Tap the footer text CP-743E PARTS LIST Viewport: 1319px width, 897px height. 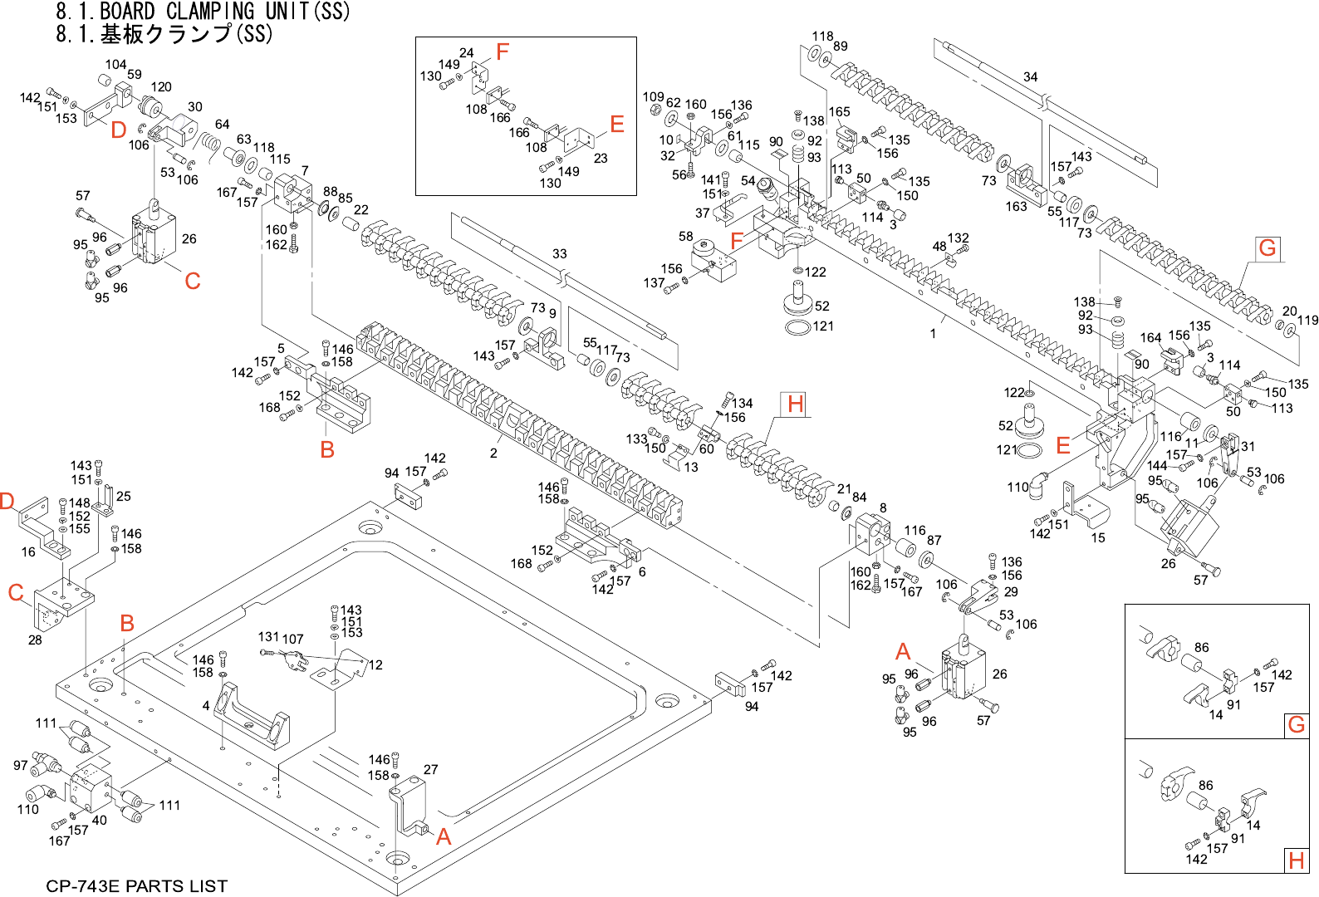136,886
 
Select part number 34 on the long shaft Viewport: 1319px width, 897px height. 1030,77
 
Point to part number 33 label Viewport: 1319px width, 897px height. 560,254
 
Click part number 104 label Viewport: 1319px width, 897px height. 115,65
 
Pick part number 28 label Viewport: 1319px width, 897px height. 35,640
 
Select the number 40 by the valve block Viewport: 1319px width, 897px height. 100,820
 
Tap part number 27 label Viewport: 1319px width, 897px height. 430,769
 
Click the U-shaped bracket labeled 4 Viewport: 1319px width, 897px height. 249,714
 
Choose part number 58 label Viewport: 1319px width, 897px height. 685,237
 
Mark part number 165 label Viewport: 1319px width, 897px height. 839,112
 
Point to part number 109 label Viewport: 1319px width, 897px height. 654,97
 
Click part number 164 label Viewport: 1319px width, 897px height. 1150,337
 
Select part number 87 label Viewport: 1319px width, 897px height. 934,541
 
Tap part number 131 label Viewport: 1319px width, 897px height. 268,637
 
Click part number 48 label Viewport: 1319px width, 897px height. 939,246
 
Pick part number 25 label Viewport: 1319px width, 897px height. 124,496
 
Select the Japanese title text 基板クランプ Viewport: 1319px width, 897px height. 166,34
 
